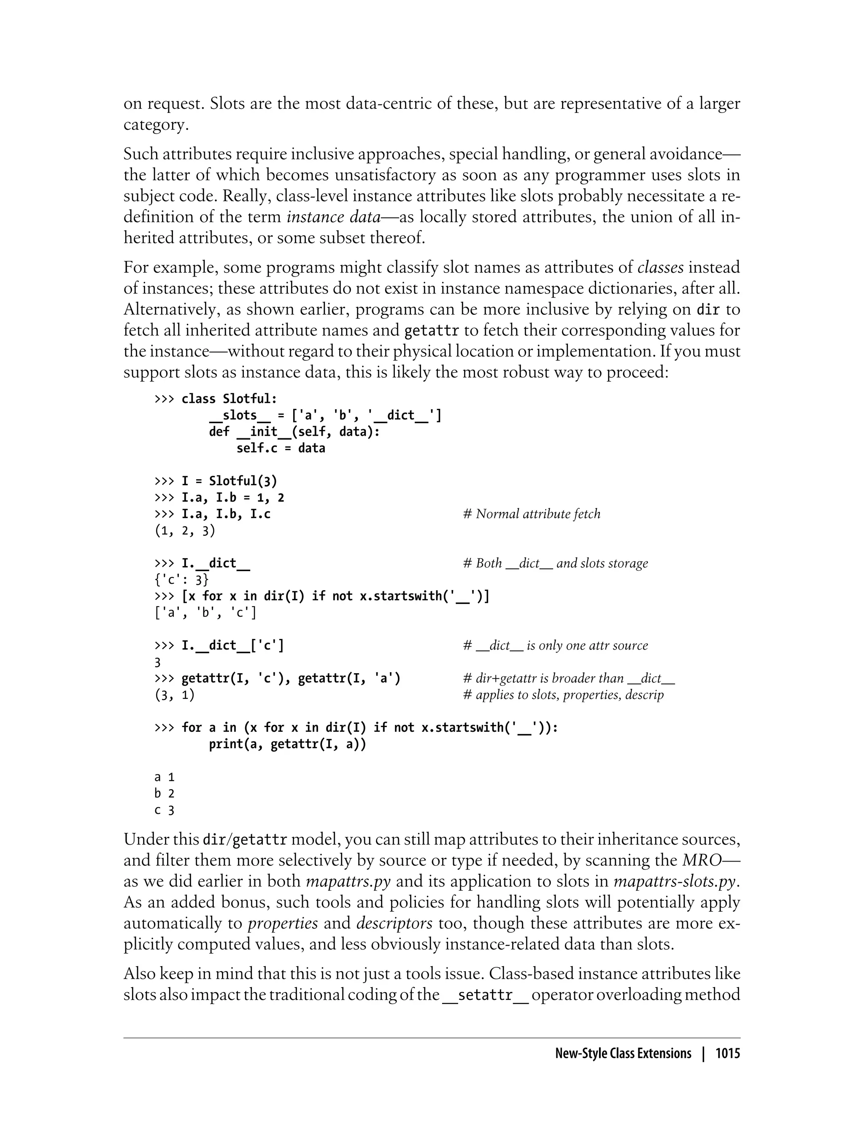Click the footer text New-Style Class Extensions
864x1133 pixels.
click(623, 1054)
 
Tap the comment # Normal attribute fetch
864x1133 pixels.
click(531, 514)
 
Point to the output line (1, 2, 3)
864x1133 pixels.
click(185, 531)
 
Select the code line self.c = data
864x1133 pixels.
click(281, 448)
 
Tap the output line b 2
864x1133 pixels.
click(164, 794)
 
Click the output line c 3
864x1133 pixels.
click(164, 811)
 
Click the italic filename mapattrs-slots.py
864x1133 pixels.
click(677, 881)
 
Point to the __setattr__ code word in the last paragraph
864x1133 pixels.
click(486, 995)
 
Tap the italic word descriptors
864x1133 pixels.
click(394, 924)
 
